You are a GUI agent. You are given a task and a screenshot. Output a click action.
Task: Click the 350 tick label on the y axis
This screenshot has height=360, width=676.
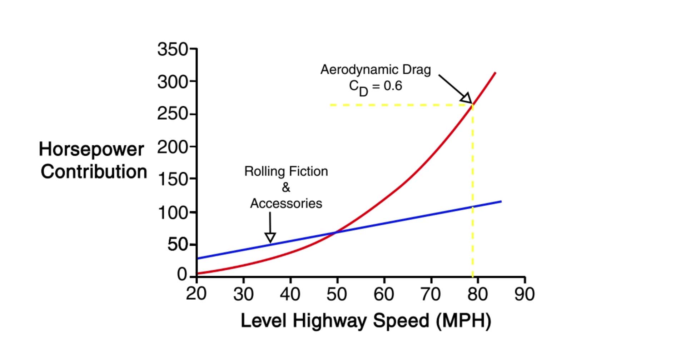coord(172,49)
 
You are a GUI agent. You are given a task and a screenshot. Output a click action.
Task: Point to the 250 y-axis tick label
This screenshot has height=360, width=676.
coord(172,114)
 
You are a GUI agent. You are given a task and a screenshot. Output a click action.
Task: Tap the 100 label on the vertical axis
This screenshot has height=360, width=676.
coord(172,213)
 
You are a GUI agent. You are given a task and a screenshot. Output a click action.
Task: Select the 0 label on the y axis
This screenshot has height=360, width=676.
coord(182,274)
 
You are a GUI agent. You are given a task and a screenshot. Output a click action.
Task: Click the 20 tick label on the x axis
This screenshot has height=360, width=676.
coord(196,294)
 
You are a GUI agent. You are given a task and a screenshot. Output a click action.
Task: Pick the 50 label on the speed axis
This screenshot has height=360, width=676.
coord(337,294)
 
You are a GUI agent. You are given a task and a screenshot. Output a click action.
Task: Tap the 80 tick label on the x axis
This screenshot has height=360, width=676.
coord(477,294)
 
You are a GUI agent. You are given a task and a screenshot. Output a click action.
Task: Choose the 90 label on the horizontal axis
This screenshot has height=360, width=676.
coord(524,294)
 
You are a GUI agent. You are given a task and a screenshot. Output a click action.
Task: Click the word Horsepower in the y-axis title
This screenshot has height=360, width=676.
coord(91,149)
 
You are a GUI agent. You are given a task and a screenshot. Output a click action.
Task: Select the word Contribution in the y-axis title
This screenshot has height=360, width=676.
coord(94,172)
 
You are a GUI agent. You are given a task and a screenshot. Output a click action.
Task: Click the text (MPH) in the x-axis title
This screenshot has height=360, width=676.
coord(463,320)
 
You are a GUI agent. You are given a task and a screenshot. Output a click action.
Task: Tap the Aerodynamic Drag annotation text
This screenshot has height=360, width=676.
coord(375,70)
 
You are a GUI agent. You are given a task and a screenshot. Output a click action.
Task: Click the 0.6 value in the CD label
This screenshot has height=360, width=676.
coord(393,86)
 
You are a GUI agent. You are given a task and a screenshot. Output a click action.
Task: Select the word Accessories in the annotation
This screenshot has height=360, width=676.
coord(286,204)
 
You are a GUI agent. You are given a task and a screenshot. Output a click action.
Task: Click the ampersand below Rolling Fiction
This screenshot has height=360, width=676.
coord(286,187)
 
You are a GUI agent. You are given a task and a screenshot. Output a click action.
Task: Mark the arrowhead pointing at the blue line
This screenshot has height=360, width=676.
coord(270,238)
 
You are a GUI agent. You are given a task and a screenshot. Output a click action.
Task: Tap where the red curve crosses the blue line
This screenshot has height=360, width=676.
coord(336,232)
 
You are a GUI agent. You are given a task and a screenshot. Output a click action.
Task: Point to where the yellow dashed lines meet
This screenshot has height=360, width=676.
coord(473,105)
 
